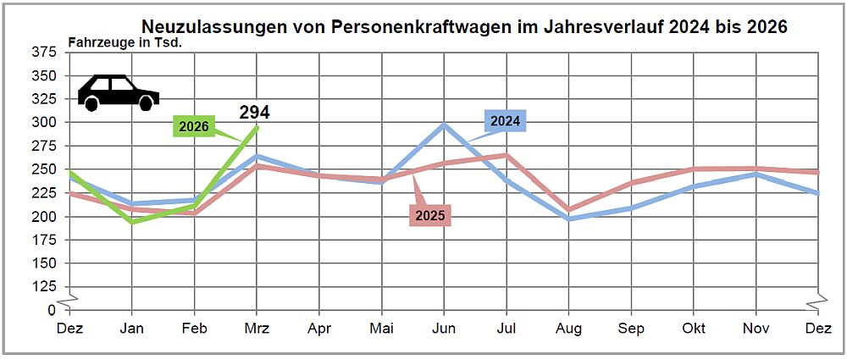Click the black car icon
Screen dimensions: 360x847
pyautogui.click(x=118, y=92)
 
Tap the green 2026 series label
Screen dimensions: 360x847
pyautogui.click(x=194, y=126)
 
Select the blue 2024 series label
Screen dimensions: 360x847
pyautogui.click(x=505, y=121)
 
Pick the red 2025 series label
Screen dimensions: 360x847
pyautogui.click(x=429, y=215)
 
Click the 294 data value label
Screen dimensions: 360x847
pyautogui.click(x=254, y=112)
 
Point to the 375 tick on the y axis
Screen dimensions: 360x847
pyautogui.click(x=43, y=52)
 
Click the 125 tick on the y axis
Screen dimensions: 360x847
pyautogui.click(x=43, y=286)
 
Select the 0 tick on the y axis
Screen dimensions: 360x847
pyautogui.click(x=51, y=310)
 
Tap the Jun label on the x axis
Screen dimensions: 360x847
pyautogui.click(x=445, y=328)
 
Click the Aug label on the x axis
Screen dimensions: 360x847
pyautogui.click(x=569, y=328)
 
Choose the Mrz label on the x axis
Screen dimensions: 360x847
pyautogui.click(x=257, y=328)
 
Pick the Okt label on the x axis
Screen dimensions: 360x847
pyautogui.click(x=695, y=328)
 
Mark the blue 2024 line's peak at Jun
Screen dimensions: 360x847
pyautogui.click(x=445, y=125)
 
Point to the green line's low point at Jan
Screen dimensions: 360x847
pyautogui.click(x=132, y=222)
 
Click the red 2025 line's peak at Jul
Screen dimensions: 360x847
pyautogui.click(x=507, y=155)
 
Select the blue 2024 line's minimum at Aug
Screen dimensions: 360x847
pyautogui.click(x=569, y=219)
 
